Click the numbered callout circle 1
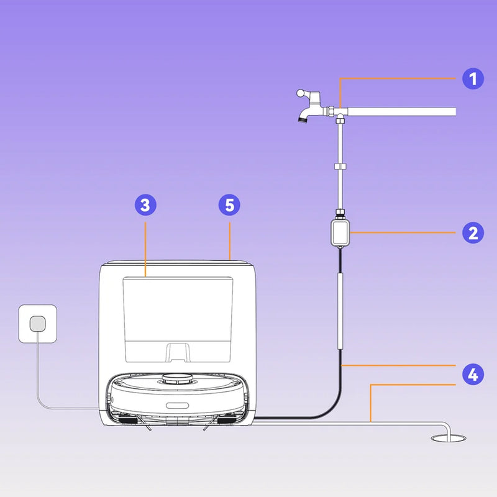tap(473, 79)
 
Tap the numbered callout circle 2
tap(473, 233)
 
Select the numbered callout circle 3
tap(145, 204)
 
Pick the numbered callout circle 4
tap(473, 375)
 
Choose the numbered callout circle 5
tap(230, 204)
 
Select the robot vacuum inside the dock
tap(180, 398)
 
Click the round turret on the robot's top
tap(176, 377)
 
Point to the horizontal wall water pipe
tap(404, 112)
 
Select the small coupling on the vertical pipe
tap(340, 166)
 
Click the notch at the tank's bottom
tap(178, 351)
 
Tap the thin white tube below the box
tap(340, 311)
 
